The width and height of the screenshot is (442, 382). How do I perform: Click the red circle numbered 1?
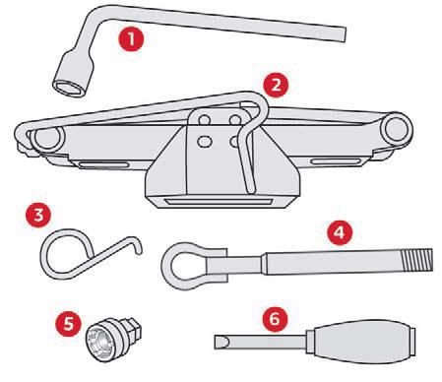tap(131, 39)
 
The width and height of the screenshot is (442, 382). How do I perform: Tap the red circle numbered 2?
tap(276, 85)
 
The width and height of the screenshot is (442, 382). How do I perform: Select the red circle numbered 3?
tap(38, 216)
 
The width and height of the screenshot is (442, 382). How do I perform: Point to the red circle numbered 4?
tap(340, 232)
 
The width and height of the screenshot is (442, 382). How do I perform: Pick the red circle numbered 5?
tap(68, 323)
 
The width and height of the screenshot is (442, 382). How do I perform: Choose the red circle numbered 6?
tap(275, 318)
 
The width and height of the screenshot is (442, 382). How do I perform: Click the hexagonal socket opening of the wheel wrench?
tap(68, 89)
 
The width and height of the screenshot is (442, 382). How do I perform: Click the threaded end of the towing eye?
tap(418, 260)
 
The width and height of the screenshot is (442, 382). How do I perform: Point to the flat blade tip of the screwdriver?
tap(221, 343)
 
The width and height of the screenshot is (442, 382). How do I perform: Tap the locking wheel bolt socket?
tap(113, 338)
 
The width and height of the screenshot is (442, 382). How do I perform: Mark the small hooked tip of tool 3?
tap(138, 243)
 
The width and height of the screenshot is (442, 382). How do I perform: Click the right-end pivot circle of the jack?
tap(398, 128)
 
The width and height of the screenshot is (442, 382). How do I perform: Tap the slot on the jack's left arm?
tap(104, 165)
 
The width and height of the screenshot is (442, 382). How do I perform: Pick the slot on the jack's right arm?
tap(336, 161)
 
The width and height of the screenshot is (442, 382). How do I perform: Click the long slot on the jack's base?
tap(218, 202)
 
